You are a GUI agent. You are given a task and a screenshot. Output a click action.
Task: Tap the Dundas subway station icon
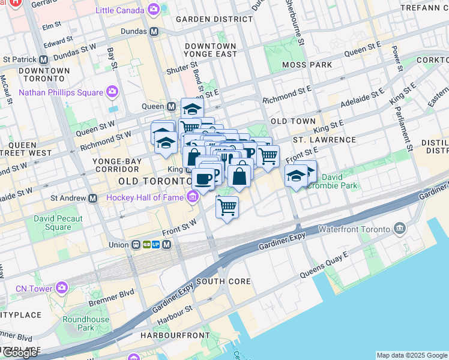point(154,31)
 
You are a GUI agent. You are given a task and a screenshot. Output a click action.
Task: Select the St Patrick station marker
point(43,59)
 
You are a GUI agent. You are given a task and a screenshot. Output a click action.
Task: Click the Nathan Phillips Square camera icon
point(112,92)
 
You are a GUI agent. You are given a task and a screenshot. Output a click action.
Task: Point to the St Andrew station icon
point(92,197)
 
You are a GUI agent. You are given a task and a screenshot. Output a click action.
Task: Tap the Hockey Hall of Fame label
point(146,197)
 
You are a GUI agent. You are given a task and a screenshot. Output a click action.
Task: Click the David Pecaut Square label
point(58,223)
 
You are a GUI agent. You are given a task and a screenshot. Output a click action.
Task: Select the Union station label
point(118,245)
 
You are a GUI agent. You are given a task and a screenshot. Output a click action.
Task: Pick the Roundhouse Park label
point(86,323)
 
